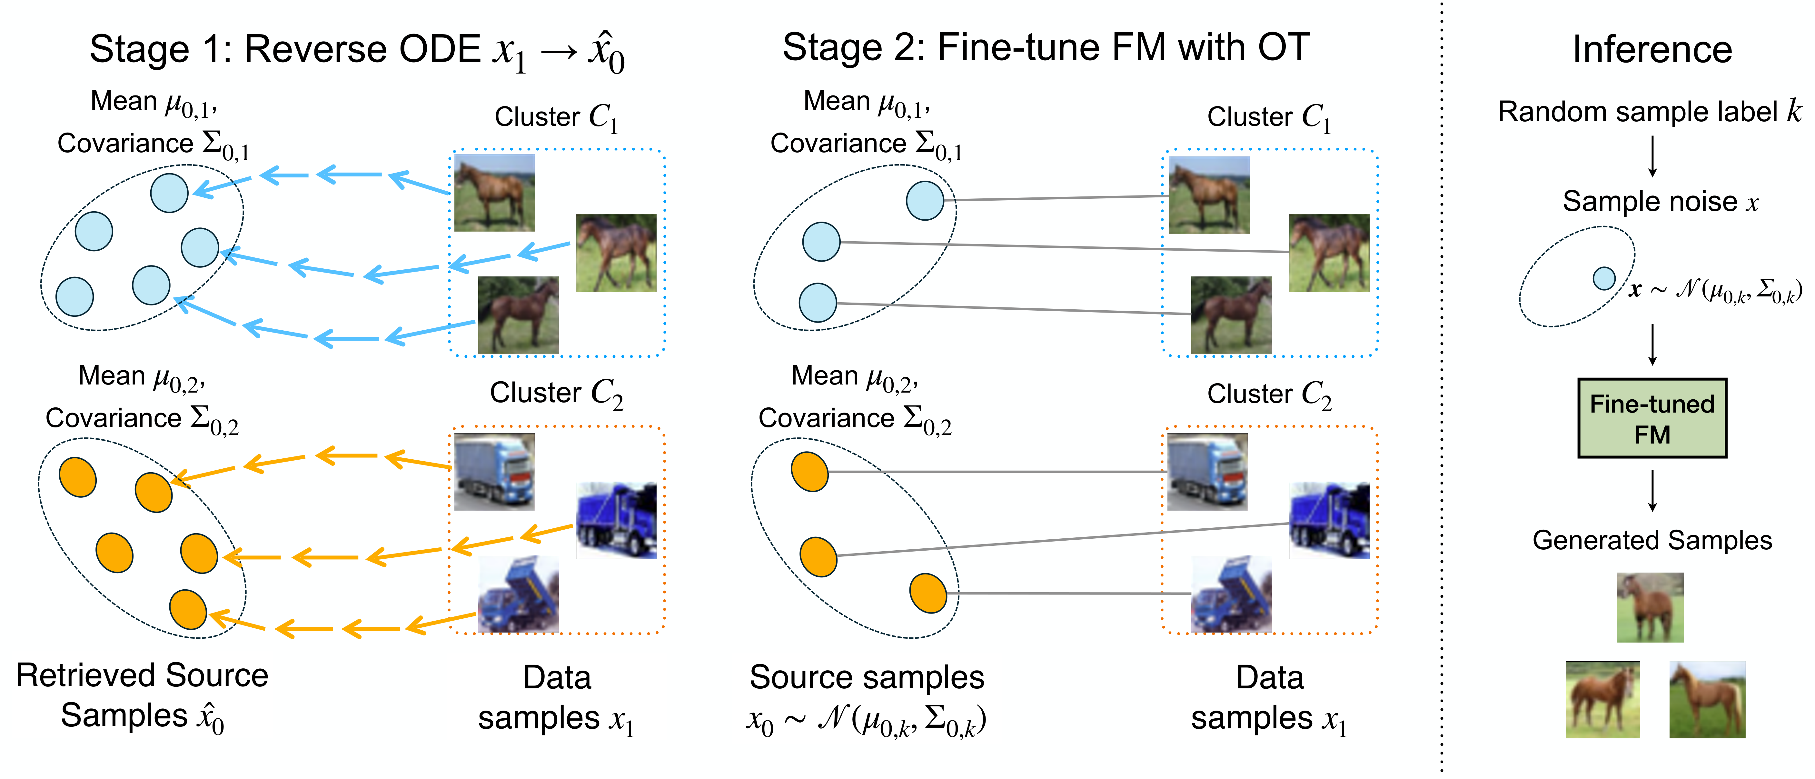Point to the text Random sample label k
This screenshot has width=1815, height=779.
1649,111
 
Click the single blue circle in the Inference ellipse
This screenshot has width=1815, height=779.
1604,278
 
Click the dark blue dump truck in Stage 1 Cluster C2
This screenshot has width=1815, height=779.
616,520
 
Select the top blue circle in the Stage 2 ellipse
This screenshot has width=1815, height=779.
924,201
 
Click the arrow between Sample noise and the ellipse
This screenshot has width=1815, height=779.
1652,156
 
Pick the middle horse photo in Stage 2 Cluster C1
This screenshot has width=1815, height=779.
1329,252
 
